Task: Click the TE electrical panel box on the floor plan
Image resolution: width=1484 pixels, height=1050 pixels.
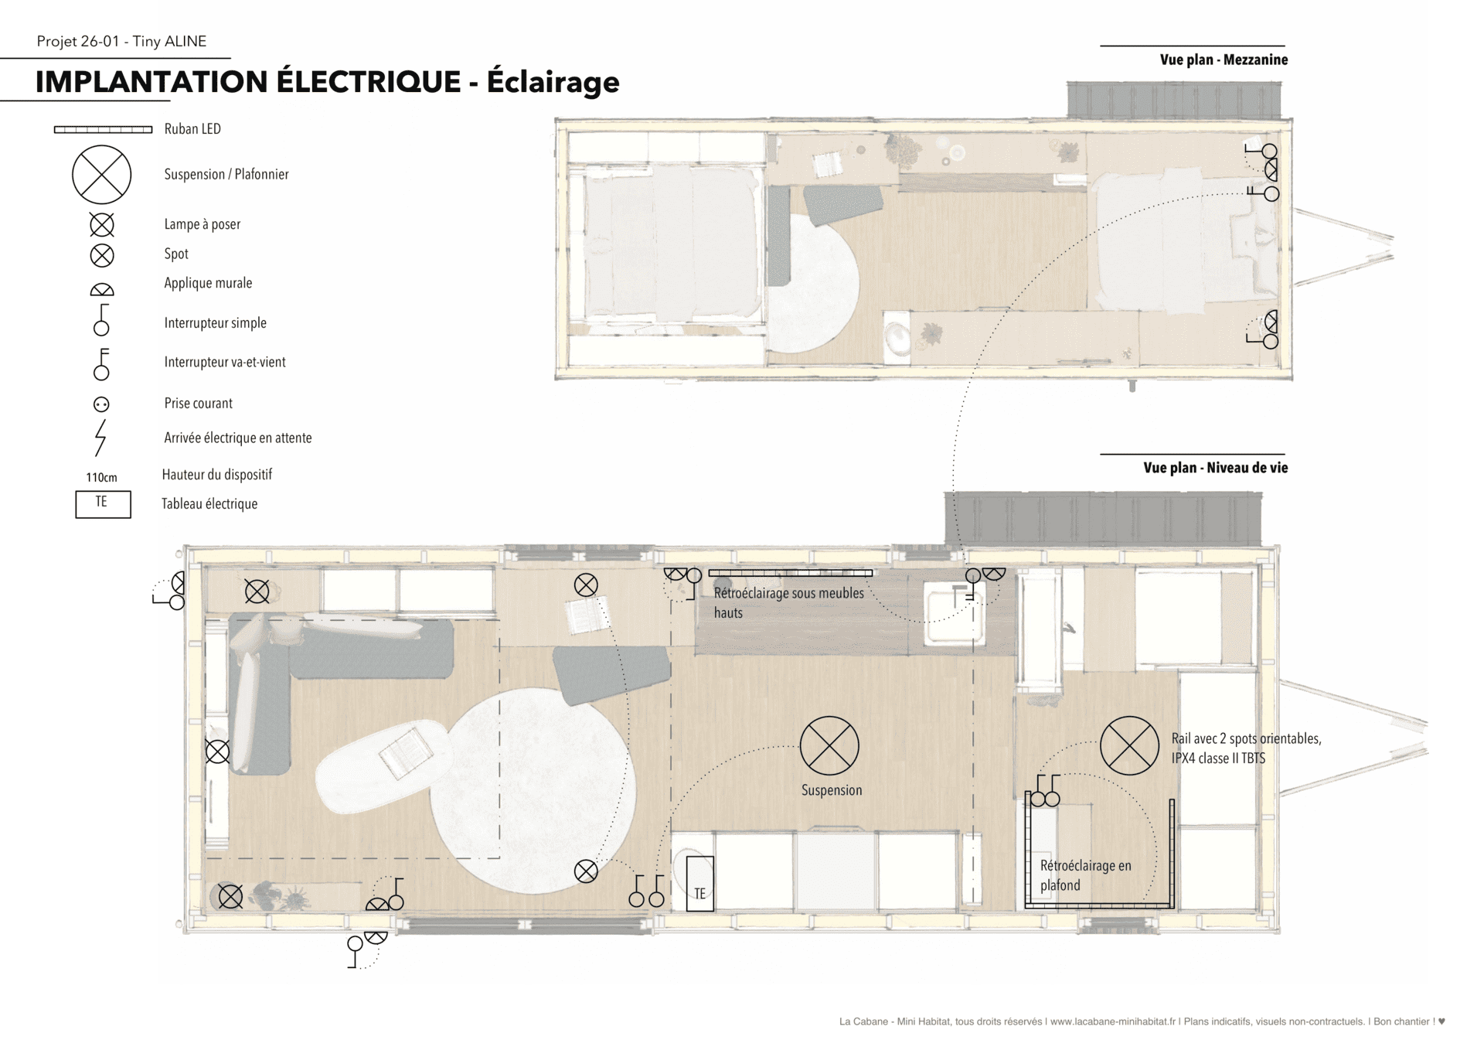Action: [x=699, y=884]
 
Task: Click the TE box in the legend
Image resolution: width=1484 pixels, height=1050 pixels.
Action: [x=103, y=504]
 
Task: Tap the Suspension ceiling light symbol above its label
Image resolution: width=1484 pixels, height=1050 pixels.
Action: [x=829, y=745]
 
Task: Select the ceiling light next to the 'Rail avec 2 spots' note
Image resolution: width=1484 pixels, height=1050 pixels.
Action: [x=1129, y=745]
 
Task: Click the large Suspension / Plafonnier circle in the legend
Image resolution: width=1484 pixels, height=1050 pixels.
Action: [x=102, y=175]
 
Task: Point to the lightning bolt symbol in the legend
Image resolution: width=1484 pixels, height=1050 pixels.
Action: [x=100, y=438]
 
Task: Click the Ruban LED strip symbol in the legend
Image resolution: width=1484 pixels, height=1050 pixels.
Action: [x=103, y=130]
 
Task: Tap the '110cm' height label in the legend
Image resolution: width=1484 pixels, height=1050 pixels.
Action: [x=101, y=477]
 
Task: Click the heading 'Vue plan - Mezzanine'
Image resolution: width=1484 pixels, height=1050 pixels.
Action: [x=1224, y=60]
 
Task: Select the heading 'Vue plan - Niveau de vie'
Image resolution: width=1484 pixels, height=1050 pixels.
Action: [x=1215, y=468]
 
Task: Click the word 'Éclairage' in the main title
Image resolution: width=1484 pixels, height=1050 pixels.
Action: [x=553, y=82]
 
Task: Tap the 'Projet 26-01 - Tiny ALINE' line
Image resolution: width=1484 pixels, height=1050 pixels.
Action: [x=121, y=41]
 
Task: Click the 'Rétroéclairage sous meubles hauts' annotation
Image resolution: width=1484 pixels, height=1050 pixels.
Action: [x=788, y=603]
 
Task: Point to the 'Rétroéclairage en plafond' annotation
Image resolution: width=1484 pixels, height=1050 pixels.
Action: [x=1085, y=875]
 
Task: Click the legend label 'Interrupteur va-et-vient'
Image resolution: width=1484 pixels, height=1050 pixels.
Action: [x=225, y=362]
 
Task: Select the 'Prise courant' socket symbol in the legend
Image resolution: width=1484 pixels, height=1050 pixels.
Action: [x=101, y=404]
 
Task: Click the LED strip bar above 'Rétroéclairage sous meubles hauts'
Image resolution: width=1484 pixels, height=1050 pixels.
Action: [x=791, y=573]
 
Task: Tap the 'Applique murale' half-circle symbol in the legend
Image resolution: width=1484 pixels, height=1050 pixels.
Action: [x=102, y=291]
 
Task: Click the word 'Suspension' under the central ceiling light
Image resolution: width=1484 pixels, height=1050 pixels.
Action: [x=831, y=790]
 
